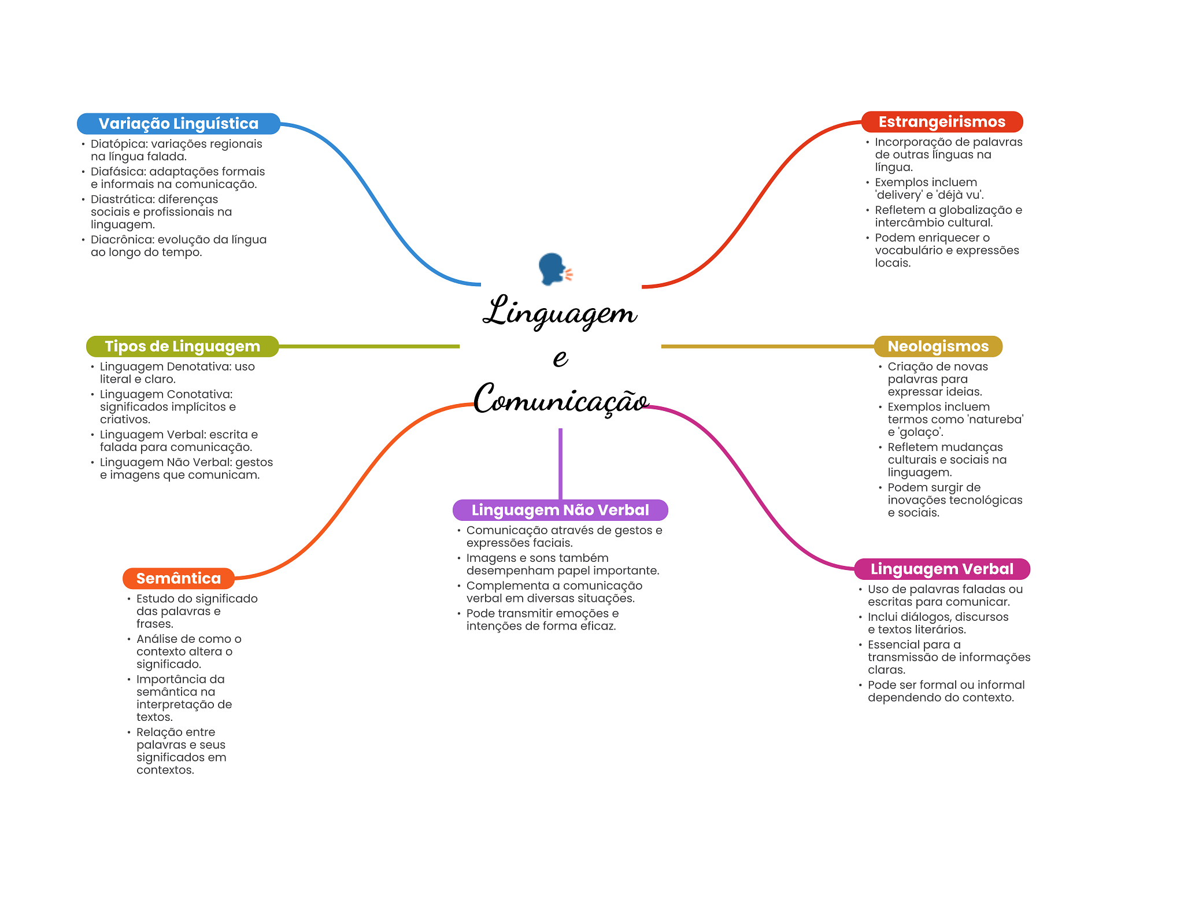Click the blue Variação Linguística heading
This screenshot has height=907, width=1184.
[x=178, y=124]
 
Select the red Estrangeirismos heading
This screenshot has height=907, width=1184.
[x=942, y=122]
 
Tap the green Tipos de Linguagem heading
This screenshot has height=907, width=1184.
[x=182, y=346]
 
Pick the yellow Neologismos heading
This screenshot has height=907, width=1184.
[x=938, y=346]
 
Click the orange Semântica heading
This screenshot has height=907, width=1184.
[x=178, y=579]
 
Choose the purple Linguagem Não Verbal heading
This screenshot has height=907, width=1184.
[x=560, y=510]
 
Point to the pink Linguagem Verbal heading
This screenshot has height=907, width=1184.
[x=942, y=569]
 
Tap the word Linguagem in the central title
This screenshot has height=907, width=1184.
[x=560, y=312]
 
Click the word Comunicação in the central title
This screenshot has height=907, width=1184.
[x=561, y=399]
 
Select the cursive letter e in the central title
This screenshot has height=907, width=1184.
[x=560, y=358]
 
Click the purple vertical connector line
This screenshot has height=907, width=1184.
[x=560, y=464]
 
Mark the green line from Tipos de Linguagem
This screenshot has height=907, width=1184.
[x=369, y=346]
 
